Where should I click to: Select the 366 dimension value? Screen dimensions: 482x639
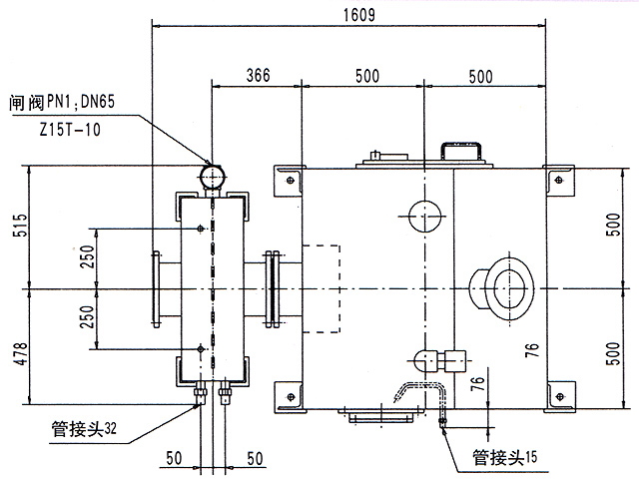(259, 75)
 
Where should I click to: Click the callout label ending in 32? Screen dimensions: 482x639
(85, 431)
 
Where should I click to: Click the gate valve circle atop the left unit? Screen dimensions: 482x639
(212, 176)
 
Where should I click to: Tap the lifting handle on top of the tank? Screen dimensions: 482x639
(460, 152)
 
